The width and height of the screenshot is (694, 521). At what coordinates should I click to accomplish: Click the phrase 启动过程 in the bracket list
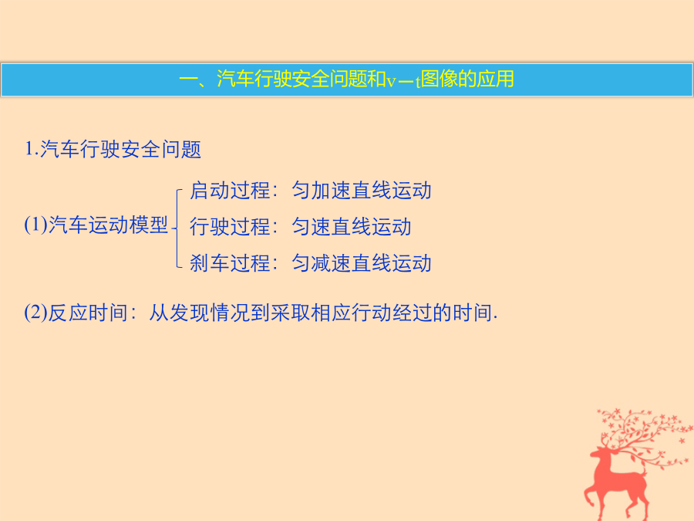coord(230,191)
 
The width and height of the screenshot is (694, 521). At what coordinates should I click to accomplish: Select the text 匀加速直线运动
coord(361,191)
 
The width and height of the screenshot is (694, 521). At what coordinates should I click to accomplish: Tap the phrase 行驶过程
coord(230,226)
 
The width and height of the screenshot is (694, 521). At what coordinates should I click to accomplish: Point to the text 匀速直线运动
coord(352,226)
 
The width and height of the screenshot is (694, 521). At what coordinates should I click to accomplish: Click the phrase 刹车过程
coord(230,262)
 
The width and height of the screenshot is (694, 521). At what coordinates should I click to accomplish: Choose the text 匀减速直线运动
coord(361,262)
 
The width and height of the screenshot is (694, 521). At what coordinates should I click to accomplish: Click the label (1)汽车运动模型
coord(96,225)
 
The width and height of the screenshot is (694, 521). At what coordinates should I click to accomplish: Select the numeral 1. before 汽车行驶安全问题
coord(31,149)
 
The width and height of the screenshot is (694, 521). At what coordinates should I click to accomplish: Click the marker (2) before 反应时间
coord(35,313)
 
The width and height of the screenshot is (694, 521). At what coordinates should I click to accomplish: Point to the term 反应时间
coord(88,313)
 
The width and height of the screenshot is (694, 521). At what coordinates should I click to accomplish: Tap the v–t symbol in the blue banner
coord(403,80)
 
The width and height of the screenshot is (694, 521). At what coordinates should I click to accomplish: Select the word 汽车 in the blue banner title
coord(235,80)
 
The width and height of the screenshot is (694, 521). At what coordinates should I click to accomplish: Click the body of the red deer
coord(621,481)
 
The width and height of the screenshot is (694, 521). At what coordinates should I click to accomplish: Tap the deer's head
coord(599,453)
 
